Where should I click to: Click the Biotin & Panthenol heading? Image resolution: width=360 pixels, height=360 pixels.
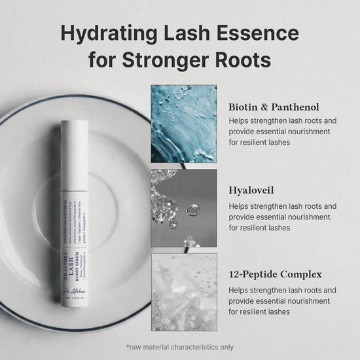click(274, 107)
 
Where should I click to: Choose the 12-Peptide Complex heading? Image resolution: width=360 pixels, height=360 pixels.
click(276, 276)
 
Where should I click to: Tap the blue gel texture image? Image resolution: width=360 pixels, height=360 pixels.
click(184, 123)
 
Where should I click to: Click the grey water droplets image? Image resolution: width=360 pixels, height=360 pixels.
click(184, 207)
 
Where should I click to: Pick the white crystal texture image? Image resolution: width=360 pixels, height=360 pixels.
click(184, 291)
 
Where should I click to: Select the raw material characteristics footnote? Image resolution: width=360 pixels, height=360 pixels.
click(180, 347)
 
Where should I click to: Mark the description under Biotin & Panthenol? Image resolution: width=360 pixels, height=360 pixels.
click(282, 132)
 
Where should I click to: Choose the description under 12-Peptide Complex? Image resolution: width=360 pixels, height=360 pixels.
click(282, 301)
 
